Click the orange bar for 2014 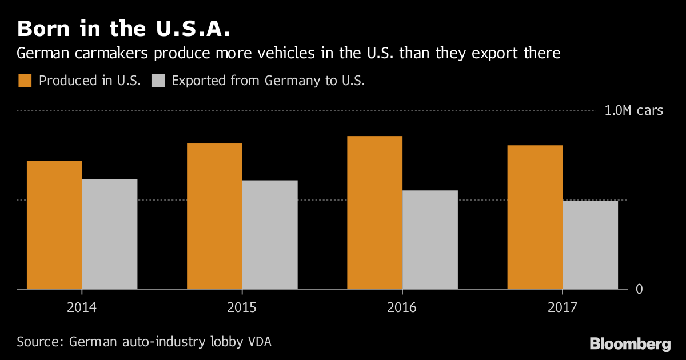(54, 225)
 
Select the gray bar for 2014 (110, 234)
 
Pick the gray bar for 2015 (270, 235)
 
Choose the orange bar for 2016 (374, 213)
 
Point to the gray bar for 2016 (430, 240)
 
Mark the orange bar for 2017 (535, 217)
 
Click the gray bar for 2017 (591, 245)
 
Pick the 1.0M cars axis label (633, 111)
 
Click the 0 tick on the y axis (639, 289)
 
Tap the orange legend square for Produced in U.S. (25, 81)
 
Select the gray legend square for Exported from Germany (158, 81)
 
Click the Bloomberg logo (630, 343)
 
